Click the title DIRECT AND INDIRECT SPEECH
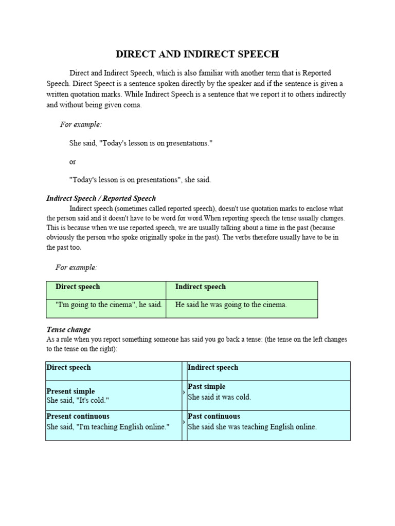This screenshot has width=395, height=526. (x=197, y=54)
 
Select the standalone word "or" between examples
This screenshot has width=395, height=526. (x=73, y=161)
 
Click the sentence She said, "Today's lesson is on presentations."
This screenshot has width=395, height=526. (x=141, y=143)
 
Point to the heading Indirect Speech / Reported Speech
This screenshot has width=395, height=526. (x=101, y=198)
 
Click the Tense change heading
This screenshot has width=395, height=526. (x=68, y=330)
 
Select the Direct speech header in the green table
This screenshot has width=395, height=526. (x=78, y=287)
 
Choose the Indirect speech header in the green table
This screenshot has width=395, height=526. (x=200, y=287)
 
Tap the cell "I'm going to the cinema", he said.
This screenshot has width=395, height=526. (x=109, y=305)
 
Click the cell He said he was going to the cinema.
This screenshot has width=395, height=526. (x=231, y=305)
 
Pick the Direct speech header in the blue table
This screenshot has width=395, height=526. (x=68, y=367)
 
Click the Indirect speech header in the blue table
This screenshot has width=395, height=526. (x=213, y=367)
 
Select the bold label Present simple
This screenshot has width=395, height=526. (x=70, y=391)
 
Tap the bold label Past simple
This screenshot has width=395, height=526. (x=207, y=386)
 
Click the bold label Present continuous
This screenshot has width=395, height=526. (x=78, y=416)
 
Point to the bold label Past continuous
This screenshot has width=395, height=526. (x=214, y=416)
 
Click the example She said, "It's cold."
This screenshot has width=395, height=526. (x=78, y=401)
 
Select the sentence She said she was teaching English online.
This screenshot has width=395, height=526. (x=252, y=427)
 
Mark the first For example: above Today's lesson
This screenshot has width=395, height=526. (x=81, y=125)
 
